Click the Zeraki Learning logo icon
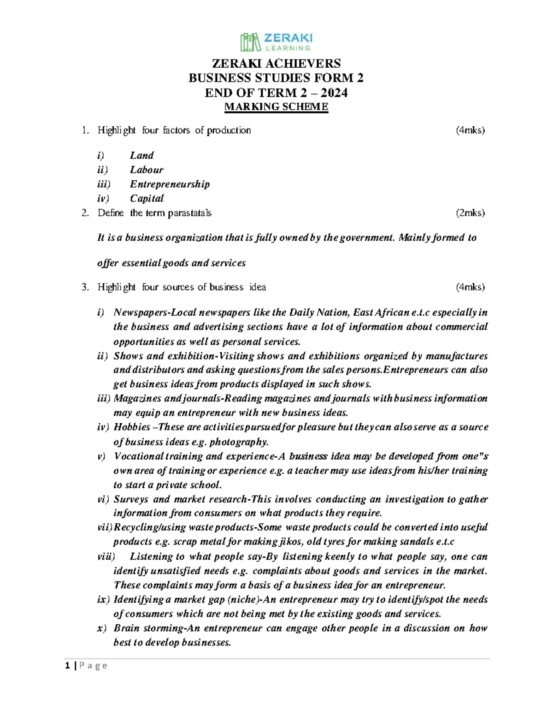(250, 42)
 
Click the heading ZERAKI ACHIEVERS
(276, 63)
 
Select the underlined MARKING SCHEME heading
(276, 107)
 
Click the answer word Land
(141, 155)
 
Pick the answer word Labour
(147, 170)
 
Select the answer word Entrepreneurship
(170, 184)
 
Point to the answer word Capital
(147, 198)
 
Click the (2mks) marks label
(471, 213)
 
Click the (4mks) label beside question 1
(471, 130)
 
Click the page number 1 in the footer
(68, 665)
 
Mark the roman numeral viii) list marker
(106, 556)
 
